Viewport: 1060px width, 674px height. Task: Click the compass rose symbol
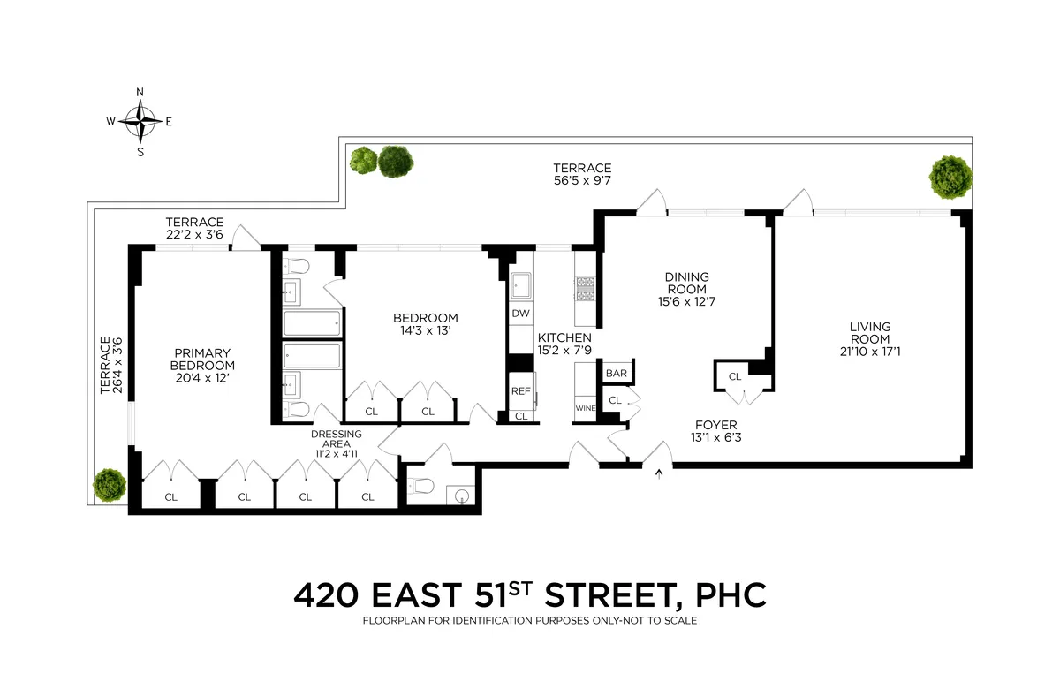pos(140,122)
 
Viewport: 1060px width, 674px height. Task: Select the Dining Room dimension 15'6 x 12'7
pos(686,301)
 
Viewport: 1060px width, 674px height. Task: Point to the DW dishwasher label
pos(519,314)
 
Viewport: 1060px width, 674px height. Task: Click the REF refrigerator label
pos(520,390)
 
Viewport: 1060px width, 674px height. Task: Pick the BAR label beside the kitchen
pos(616,374)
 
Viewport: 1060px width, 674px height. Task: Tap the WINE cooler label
pos(585,408)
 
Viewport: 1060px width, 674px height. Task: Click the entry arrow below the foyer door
pos(657,474)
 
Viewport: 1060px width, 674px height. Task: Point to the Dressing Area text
pos(335,439)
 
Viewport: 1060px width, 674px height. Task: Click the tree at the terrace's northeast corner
pos(950,176)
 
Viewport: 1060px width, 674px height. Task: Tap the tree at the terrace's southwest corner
pos(110,484)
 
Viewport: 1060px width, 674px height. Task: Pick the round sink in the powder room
pos(462,496)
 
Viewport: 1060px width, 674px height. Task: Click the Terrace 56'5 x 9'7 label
pos(582,174)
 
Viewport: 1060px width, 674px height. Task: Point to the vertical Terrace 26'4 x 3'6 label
pos(110,364)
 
